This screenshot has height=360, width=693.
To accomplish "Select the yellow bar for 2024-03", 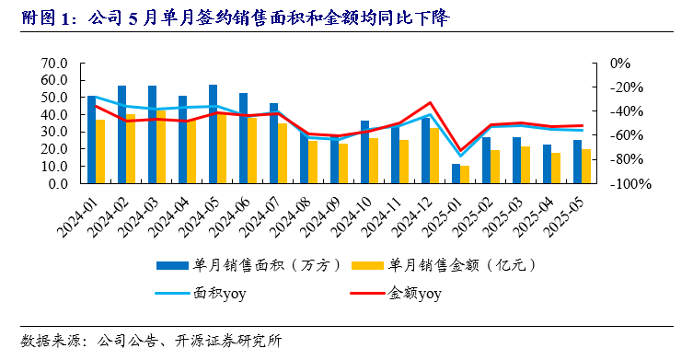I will click(161, 146).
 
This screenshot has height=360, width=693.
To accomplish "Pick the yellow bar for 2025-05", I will click(586, 166).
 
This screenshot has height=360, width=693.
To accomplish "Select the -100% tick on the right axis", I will click(631, 184).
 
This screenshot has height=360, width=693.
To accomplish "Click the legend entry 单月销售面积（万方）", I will click(268, 264).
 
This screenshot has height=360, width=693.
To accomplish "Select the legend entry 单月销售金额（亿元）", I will click(461, 264).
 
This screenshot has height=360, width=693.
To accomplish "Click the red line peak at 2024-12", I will click(430, 103).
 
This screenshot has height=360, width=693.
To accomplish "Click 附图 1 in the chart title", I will click(42, 17).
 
